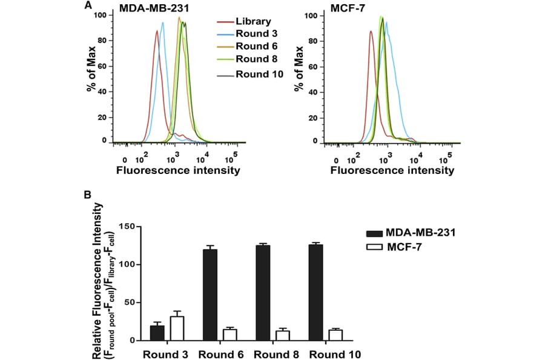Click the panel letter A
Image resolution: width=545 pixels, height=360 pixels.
(88, 6)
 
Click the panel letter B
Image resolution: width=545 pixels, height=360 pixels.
(88, 195)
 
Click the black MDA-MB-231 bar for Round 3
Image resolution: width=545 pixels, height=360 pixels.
(157, 333)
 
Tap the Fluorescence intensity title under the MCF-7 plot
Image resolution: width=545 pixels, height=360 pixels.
(392, 170)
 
